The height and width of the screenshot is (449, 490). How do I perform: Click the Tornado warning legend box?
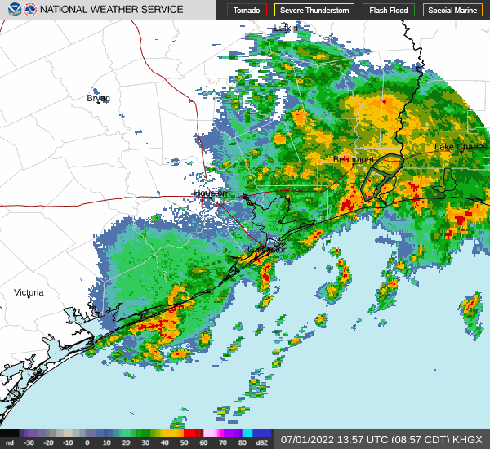coord(247,11)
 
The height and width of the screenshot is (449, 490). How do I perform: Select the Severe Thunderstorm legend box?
coord(314,11)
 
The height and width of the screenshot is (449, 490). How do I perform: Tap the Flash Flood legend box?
coord(389,11)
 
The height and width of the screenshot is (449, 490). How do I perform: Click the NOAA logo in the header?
coord(11,10)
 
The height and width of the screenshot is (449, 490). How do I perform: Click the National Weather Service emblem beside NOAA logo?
coord(30,10)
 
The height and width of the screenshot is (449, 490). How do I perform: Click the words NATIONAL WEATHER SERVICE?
coord(112,10)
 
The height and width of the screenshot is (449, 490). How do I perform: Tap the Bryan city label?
coord(98,98)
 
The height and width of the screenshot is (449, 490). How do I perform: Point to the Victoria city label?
coord(29,292)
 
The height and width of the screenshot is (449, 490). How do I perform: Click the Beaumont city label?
coord(354,159)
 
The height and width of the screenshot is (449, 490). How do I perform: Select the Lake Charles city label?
coord(460,147)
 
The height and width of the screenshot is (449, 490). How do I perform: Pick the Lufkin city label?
coord(286,28)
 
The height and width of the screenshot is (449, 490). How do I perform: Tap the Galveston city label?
coord(268,250)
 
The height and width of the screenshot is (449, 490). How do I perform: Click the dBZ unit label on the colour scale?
coord(262,442)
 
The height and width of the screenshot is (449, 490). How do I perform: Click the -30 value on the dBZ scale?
coord(29,442)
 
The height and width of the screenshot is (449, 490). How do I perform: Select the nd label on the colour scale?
coord(9,442)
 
